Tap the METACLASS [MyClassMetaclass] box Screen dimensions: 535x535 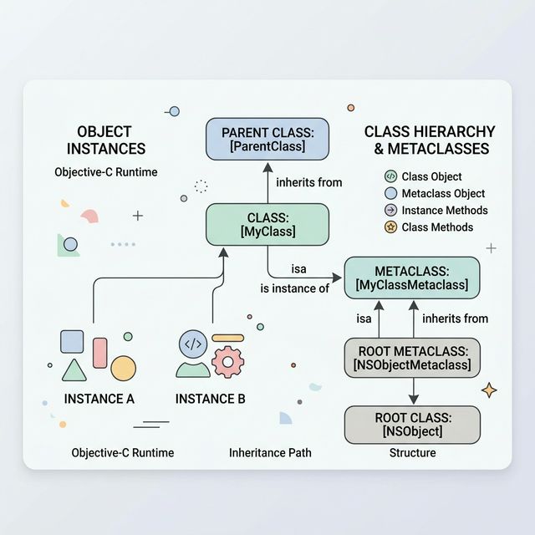[411, 278]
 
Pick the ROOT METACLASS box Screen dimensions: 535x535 [412, 358]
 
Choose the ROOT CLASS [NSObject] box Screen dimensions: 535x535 [412, 425]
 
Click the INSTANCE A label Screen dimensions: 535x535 [99, 399]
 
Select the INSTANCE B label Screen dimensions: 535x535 [210, 399]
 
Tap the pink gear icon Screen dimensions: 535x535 [227, 362]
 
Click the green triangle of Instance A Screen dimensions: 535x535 [74, 369]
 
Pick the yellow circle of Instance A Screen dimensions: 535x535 [123, 367]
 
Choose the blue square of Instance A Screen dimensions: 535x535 [72, 341]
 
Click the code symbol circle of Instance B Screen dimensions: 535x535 [193, 343]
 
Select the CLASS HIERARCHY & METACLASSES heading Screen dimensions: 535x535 [430, 140]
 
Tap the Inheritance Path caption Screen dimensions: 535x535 [270, 453]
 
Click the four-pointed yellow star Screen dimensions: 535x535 [490, 390]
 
